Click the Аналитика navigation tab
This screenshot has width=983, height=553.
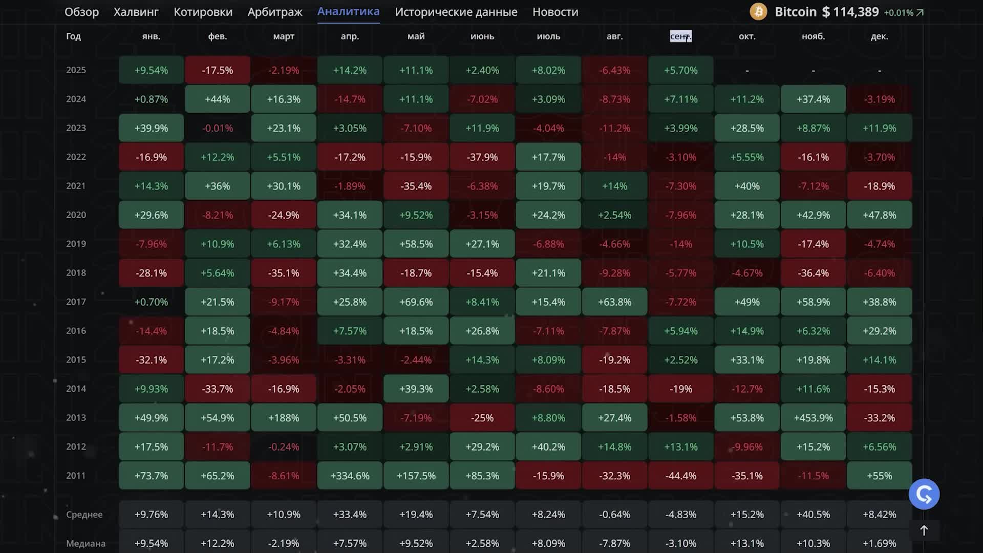pos(348,12)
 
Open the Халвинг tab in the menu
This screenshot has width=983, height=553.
pos(136,12)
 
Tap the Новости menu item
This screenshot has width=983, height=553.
pos(555,12)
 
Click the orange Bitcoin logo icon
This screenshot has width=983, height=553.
pos(758,12)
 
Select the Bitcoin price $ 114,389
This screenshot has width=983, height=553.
pos(850,12)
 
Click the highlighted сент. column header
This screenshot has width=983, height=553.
pos(680,36)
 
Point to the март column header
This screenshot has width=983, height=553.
pos(284,36)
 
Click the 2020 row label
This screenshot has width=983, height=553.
pos(76,215)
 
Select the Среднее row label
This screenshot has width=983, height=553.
pos(84,515)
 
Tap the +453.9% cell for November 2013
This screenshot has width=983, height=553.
pos(813,418)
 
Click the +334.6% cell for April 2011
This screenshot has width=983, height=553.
pos(350,476)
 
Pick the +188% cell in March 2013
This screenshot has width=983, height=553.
pos(284,418)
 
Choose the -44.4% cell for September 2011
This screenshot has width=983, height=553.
pos(680,476)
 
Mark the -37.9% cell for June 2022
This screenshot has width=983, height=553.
pos(482,157)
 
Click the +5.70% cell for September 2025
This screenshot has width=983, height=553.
pos(680,70)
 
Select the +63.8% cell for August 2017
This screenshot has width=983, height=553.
pos(614,302)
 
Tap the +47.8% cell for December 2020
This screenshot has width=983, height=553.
pos(879,215)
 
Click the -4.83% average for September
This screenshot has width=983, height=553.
pos(680,515)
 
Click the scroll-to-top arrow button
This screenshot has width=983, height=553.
pos(924,530)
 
